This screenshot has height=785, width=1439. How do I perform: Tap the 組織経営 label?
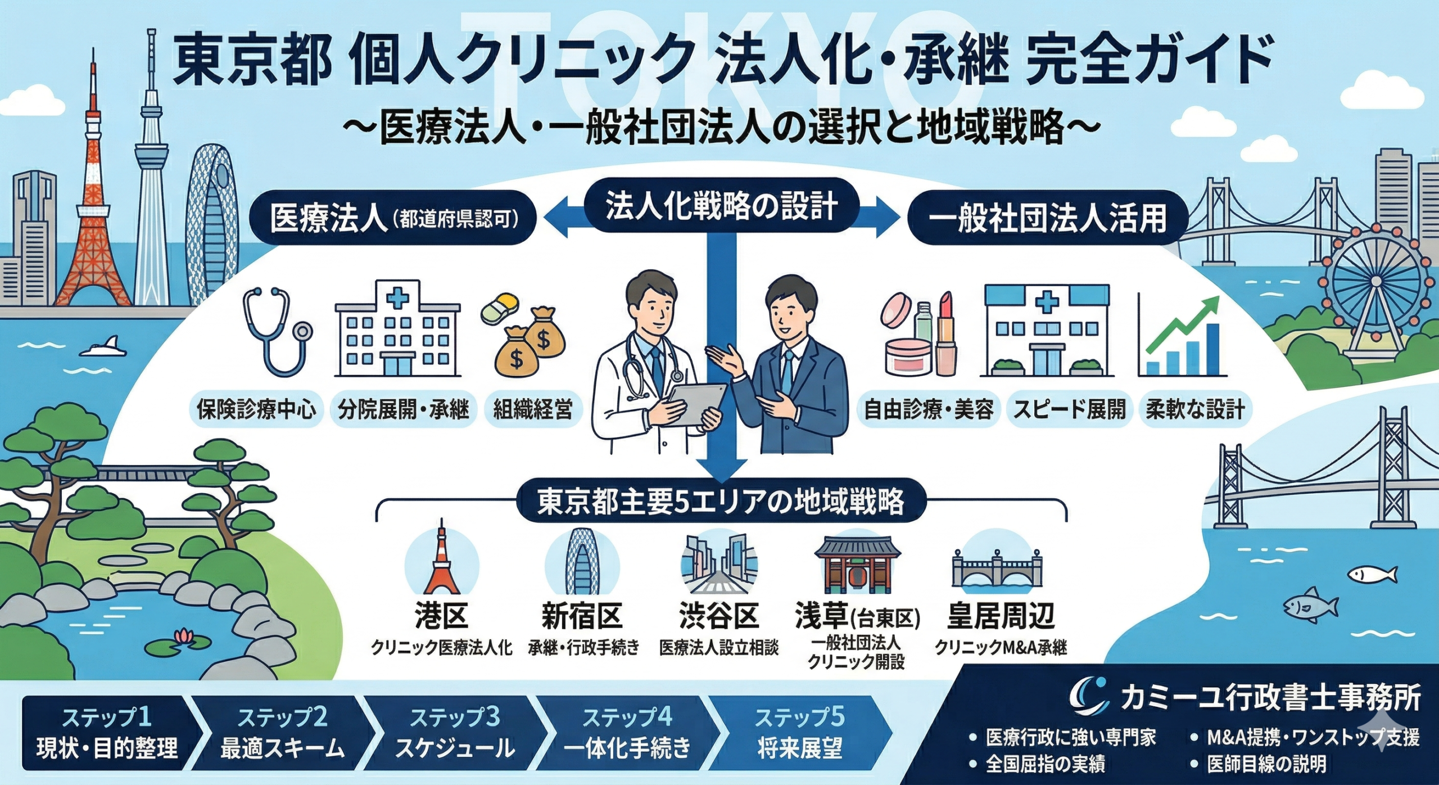click(x=532, y=409)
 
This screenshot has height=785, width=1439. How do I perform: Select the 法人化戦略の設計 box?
click(x=721, y=207)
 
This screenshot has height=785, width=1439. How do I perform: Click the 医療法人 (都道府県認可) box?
click(x=393, y=218)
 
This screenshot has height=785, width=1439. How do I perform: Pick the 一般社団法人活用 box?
click(x=1046, y=218)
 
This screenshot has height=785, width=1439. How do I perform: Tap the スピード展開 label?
click(x=1070, y=409)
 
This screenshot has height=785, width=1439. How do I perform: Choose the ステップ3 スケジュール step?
click(x=454, y=733)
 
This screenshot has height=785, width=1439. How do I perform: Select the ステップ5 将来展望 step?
click(x=799, y=733)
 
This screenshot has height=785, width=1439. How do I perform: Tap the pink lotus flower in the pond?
click(x=186, y=637)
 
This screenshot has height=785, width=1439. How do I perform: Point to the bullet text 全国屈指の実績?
click(x=1046, y=764)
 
